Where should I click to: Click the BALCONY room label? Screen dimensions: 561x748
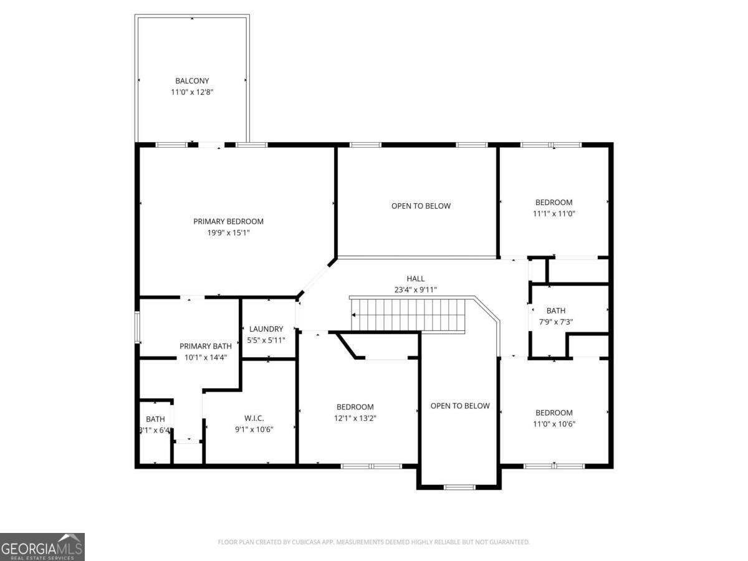pyautogui.click(x=192, y=81)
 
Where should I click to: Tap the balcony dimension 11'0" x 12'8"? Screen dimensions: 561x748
pyautogui.click(x=192, y=92)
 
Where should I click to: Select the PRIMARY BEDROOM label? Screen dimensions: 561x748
pyautogui.click(x=228, y=221)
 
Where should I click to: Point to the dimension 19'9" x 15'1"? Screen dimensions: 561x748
pyautogui.click(x=228, y=233)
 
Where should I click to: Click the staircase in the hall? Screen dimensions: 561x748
pyautogui.click(x=409, y=315)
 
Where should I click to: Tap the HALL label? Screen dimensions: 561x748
pyautogui.click(x=415, y=279)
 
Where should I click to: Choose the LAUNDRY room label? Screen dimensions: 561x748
pyautogui.click(x=266, y=329)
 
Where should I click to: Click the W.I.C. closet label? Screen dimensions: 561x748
pyautogui.click(x=254, y=418)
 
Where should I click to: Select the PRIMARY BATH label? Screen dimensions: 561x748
pyautogui.click(x=206, y=346)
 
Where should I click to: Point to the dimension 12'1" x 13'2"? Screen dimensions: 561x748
pyautogui.click(x=355, y=418)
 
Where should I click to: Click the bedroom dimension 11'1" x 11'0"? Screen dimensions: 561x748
pyautogui.click(x=554, y=213)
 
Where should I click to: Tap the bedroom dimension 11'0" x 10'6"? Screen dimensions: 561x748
pyautogui.click(x=554, y=424)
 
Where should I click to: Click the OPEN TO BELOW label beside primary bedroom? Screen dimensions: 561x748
pyautogui.click(x=421, y=206)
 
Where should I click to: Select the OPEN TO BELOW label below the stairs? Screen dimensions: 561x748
pyautogui.click(x=460, y=406)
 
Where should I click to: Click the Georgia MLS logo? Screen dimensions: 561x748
pyautogui.click(x=42, y=547)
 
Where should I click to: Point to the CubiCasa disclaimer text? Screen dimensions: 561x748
pyautogui.click(x=374, y=542)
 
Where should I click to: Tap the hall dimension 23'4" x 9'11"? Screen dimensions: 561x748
pyautogui.click(x=415, y=289)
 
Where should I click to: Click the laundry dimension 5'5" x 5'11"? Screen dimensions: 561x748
pyautogui.click(x=266, y=340)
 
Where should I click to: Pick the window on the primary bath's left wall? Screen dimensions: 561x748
pyautogui.click(x=138, y=327)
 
